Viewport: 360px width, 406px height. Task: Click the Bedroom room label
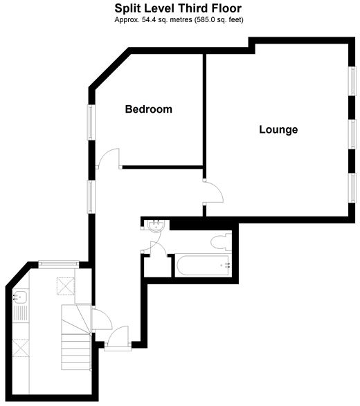point(149,109)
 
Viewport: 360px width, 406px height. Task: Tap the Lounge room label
point(278,129)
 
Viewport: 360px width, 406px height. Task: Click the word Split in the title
point(128,9)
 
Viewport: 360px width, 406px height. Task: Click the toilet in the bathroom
point(221,242)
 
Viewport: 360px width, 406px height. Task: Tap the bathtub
point(203,265)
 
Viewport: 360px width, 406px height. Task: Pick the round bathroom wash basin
point(156,225)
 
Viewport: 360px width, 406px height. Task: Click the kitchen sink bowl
point(20,297)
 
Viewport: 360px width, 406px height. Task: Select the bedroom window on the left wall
point(91,122)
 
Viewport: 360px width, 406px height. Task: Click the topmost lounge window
point(353,81)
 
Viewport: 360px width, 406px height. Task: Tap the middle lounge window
point(353,134)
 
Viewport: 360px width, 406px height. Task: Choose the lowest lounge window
point(353,188)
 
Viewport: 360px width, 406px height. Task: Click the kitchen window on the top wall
point(59,264)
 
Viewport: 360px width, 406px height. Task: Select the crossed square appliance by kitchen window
point(66,286)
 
